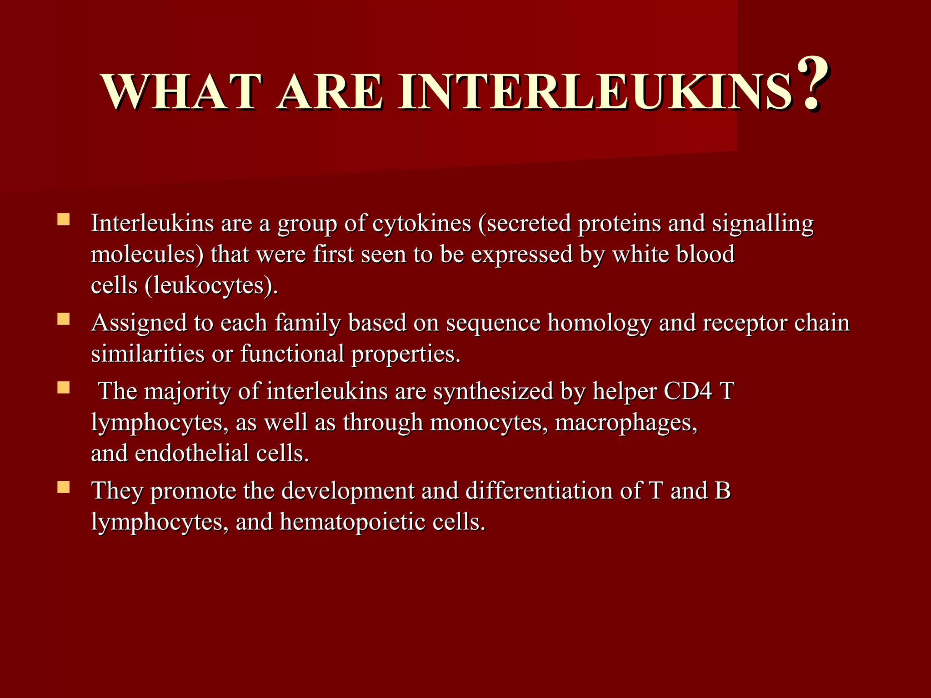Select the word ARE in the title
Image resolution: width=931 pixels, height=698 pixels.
point(329,92)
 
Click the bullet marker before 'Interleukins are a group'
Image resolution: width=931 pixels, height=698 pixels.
point(63,220)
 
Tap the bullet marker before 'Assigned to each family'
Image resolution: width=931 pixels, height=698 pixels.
point(63,319)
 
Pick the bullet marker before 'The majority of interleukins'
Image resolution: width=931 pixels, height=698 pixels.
point(63,388)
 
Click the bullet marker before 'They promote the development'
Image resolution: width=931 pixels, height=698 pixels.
point(63,488)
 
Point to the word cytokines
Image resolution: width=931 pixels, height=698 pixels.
point(421,224)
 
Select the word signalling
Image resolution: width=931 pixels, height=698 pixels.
point(762,224)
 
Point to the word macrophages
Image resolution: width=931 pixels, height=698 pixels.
point(626,423)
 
